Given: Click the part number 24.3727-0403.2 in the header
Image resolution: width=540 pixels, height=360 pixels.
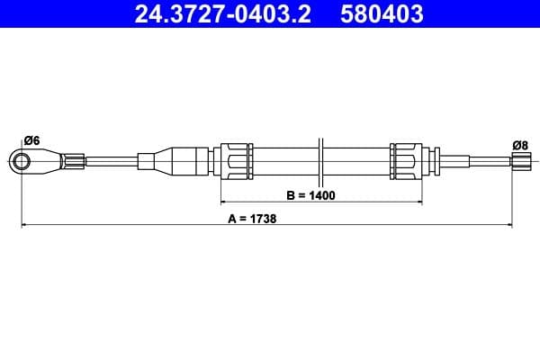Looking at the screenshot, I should pyautogui.click(x=223, y=14).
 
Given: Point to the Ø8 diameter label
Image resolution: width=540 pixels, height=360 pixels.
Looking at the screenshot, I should pyautogui.click(x=519, y=145).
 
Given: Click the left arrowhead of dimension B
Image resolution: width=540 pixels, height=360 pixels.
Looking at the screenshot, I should pyautogui.click(x=222, y=202).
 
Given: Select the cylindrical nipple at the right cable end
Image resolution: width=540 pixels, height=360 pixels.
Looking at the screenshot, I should pyautogui.click(x=520, y=163).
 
